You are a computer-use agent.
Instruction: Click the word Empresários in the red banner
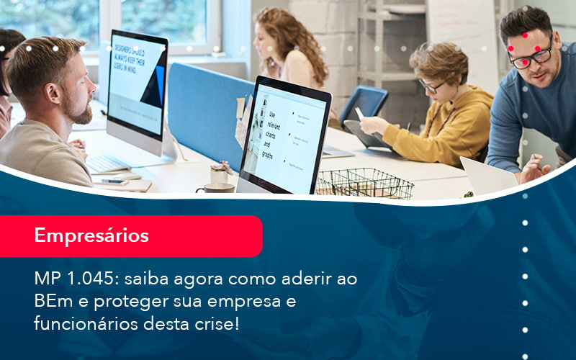point(91,235)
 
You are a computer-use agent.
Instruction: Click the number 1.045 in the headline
point(87,278)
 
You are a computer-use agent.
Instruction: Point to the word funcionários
point(81,324)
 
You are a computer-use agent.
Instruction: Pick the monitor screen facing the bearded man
point(136,82)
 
